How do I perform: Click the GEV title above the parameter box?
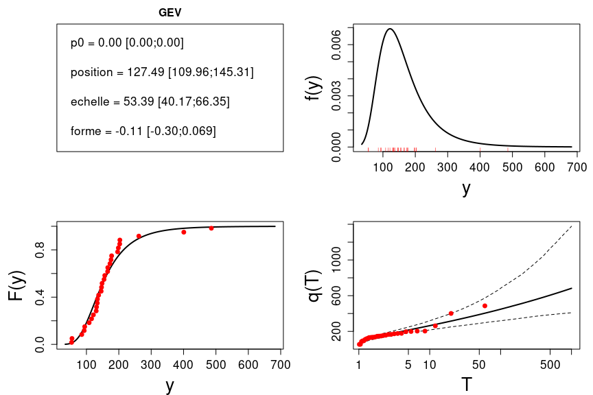170,12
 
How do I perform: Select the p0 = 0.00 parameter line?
127,43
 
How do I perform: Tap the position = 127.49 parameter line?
162,72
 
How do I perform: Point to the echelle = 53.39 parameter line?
150,101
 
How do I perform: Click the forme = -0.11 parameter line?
143,131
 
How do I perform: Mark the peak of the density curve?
390,29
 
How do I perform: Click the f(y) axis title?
313,88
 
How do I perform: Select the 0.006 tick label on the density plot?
336,45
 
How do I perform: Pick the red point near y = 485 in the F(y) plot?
211,228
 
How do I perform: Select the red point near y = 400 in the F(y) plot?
184,232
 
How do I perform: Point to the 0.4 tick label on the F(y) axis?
41,297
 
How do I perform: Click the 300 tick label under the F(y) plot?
151,364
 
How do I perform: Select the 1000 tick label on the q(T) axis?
336,261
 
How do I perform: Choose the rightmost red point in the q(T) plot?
485,306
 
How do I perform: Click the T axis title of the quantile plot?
467,385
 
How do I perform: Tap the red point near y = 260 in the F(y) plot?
139,236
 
